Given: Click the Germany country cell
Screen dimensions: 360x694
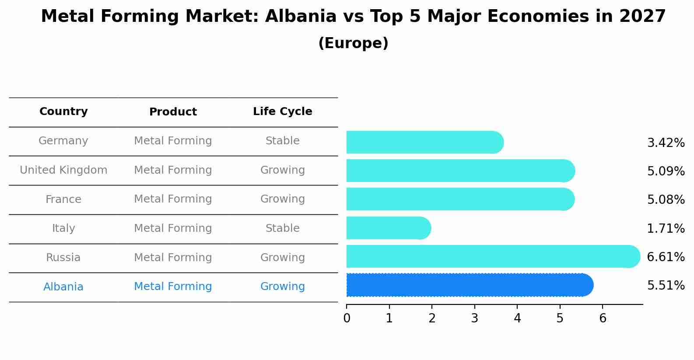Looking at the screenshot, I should tap(63, 141).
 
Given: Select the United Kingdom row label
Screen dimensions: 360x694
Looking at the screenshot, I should tap(63, 170).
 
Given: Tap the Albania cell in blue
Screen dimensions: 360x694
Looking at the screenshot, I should tap(63, 287).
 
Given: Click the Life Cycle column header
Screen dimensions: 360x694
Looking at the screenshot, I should tap(282, 112).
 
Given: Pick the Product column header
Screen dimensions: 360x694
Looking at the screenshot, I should tap(173, 112).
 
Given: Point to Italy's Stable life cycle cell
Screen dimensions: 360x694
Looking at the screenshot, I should tap(282, 228).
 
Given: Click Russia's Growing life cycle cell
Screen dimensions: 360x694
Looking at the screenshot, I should tap(282, 258).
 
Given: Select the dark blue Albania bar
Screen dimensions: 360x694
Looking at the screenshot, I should tap(468, 285).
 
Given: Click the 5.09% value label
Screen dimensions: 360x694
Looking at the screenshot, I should tap(666, 171).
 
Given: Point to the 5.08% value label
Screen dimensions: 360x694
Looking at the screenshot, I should tap(666, 200).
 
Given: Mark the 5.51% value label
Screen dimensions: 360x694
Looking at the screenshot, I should tap(666, 286).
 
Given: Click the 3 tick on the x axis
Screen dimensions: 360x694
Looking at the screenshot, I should tap(475, 318).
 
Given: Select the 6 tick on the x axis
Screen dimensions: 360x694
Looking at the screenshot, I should tap(603, 318).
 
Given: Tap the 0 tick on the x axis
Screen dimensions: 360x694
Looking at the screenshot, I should tap(347, 318).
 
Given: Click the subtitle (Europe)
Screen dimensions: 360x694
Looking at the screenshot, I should tap(353, 43).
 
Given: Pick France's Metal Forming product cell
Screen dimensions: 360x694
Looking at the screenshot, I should tap(173, 199).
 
